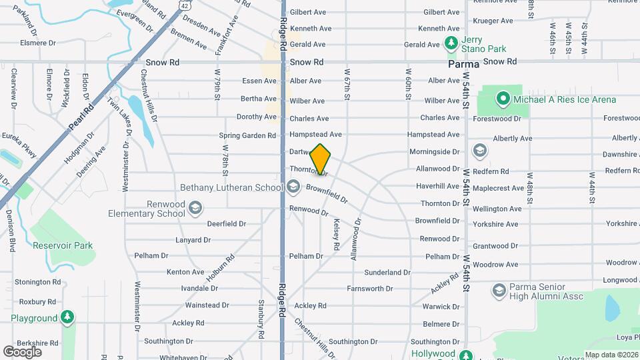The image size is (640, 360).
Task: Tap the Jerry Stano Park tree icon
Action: pyautogui.click(x=451, y=43)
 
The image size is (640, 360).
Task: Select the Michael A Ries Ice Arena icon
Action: pyautogui.click(x=503, y=100)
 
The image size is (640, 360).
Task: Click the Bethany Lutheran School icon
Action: pyautogui.click(x=294, y=187)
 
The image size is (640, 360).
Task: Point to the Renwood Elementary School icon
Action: pyautogui.click(x=195, y=208)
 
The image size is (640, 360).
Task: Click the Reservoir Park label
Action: pyautogui.click(x=63, y=245)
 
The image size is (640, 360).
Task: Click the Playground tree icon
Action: pyautogui.click(x=67, y=318)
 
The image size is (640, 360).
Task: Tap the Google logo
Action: pyautogui.click(x=23, y=351)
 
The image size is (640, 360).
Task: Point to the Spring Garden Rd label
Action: pyautogui.click(x=247, y=135)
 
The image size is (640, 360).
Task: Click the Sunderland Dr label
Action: pyautogui.click(x=387, y=272)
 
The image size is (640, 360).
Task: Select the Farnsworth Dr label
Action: pyautogui.click(x=370, y=289)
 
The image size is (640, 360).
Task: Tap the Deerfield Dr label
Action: pyautogui.click(x=227, y=224)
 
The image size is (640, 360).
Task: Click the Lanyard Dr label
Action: pyautogui.click(x=193, y=240)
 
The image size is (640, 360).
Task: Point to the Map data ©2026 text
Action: pyautogui.click(x=612, y=355)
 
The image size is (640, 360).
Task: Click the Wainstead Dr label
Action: pyautogui.click(x=207, y=305)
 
